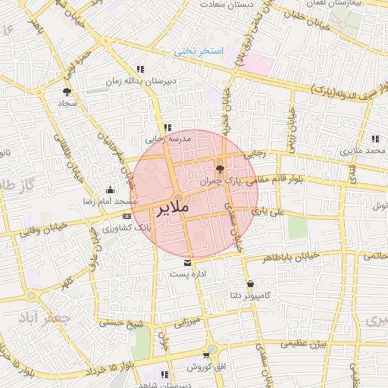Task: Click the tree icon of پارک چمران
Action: pos(220,169)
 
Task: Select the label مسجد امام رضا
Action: pos(110,202)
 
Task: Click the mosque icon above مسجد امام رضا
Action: pos(111,190)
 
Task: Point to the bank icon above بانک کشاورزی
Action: pos(126,216)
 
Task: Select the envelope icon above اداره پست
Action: pos(177,261)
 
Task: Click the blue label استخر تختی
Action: pos(199,52)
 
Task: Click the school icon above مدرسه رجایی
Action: pos(167,128)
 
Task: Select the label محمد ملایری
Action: pos(365,151)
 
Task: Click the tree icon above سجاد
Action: pos(67,91)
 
